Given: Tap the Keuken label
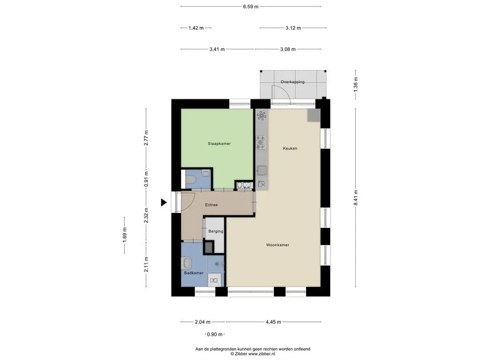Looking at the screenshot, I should [x=290, y=148].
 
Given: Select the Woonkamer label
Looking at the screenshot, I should [x=277, y=245].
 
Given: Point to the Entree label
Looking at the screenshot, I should [x=211, y=205].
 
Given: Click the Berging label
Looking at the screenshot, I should [x=216, y=231].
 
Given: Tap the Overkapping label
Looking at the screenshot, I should [x=292, y=82].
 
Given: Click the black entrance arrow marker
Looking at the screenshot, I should [x=164, y=202].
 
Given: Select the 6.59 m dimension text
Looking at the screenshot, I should [x=251, y=7].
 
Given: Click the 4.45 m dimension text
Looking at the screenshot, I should [x=273, y=322].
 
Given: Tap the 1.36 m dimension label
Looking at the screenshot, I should [x=356, y=84].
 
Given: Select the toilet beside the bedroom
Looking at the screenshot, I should [x=204, y=174].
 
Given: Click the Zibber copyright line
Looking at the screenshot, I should [x=253, y=354].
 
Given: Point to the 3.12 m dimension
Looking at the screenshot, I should [x=293, y=28].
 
